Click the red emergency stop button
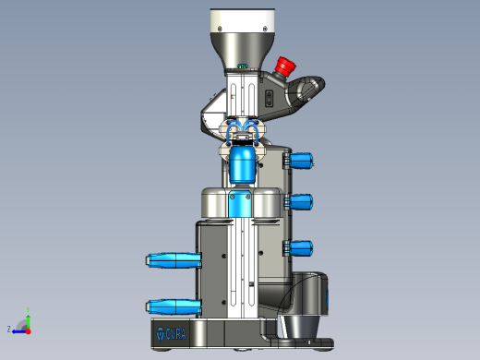(x=283, y=66)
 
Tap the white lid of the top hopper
(x=243, y=21)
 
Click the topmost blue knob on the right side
(x=302, y=161)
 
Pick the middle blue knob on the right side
(x=302, y=201)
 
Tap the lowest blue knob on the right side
(x=302, y=247)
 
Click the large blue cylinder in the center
(x=243, y=166)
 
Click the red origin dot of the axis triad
(x=28, y=329)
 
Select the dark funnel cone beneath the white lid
(x=243, y=50)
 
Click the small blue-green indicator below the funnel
(x=243, y=66)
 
